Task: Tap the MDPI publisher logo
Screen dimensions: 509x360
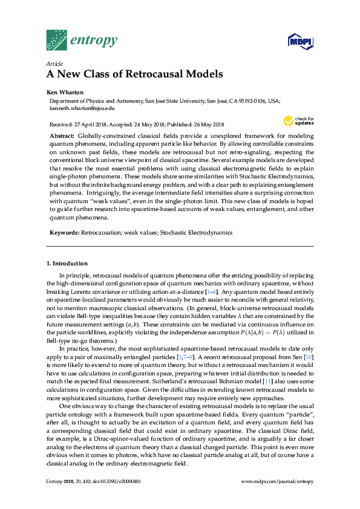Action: click(x=299, y=42)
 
